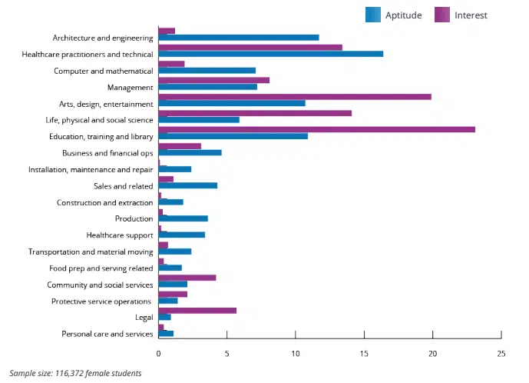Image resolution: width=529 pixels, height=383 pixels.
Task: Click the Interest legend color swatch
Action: pos(442,15)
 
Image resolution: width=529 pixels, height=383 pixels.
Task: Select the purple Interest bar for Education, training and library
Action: pos(316,129)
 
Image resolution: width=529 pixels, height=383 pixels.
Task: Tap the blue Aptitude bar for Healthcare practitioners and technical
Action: pos(270,54)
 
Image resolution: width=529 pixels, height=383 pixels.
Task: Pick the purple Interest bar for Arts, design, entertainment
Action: pos(295,96)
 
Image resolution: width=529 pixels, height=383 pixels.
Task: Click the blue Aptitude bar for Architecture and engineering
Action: pos(238,37)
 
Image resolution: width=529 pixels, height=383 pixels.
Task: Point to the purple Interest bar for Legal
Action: pos(197,310)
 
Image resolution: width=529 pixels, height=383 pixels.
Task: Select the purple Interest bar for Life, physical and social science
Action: pos(255,113)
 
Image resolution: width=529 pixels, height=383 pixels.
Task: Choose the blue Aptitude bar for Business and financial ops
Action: pos(190,152)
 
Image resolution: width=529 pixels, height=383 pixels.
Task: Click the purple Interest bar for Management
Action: pos(213,80)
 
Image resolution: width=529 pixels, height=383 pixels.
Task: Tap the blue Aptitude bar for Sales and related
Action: pos(187,185)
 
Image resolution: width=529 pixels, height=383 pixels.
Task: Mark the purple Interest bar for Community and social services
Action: pos(187,278)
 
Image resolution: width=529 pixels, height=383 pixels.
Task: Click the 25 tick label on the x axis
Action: pos(501,354)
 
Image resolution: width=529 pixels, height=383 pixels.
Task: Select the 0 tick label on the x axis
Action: pos(158,354)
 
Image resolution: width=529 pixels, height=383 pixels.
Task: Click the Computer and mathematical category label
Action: pos(103,71)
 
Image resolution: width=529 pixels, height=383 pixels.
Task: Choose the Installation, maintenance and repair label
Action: pos(91,169)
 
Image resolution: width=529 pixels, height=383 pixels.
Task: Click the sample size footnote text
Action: pos(75,373)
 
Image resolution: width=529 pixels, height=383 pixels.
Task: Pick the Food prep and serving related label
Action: pos(101,268)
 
